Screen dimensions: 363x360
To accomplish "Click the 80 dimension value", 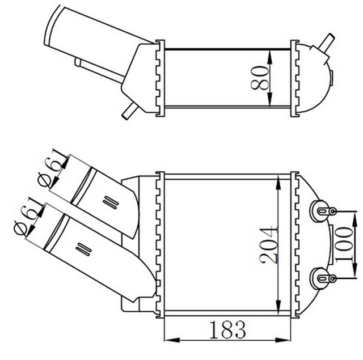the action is point(259,78).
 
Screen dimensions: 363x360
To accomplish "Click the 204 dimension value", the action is point(268,245).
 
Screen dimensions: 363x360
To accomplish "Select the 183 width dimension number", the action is point(227,329).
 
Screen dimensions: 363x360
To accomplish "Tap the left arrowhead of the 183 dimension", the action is point(172,340).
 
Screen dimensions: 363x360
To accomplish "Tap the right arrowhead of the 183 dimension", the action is point(282,340).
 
